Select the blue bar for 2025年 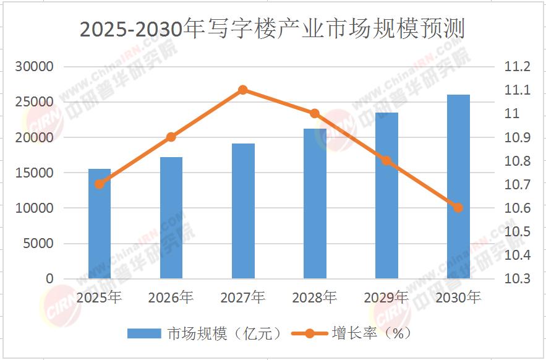tap(100, 223)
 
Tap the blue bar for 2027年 tap(243, 211)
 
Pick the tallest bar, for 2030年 tap(458, 186)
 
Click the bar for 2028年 tap(315, 204)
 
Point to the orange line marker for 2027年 tap(243, 90)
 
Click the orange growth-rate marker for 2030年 tap(458, 208)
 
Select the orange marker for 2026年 tap(171, 137)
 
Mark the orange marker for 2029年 tap(386, 161)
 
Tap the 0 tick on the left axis tap(49, 279)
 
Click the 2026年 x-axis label tap(171, 298)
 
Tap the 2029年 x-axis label tap(386, 298)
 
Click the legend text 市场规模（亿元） tap(224, 333)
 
